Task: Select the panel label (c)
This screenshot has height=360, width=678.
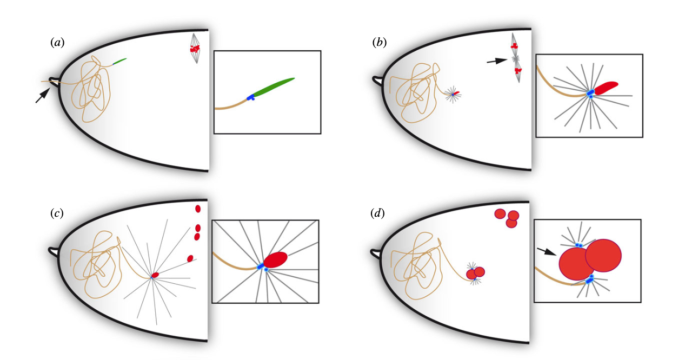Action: [57, 213]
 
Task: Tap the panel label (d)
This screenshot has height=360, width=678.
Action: [378, 213]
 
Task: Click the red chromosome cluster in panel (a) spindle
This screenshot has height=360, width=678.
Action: [195, 49]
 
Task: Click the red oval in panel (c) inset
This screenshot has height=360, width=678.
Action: [276, 259]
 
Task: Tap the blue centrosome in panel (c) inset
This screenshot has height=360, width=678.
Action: [261, 266]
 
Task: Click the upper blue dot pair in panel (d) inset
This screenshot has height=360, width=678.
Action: [579, 245]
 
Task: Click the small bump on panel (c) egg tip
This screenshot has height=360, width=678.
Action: [54, 251]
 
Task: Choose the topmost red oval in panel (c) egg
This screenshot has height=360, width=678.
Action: [198, 209]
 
